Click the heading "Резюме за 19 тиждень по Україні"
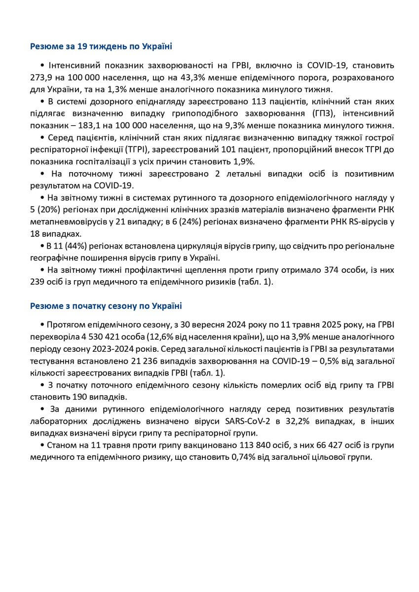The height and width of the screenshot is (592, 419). click(x=101, y=46)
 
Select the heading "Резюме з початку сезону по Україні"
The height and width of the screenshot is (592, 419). click(x=106, y=306)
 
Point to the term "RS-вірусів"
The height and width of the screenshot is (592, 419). click(x=366, y=222)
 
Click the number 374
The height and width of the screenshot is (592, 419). click(x=331, y=270)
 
